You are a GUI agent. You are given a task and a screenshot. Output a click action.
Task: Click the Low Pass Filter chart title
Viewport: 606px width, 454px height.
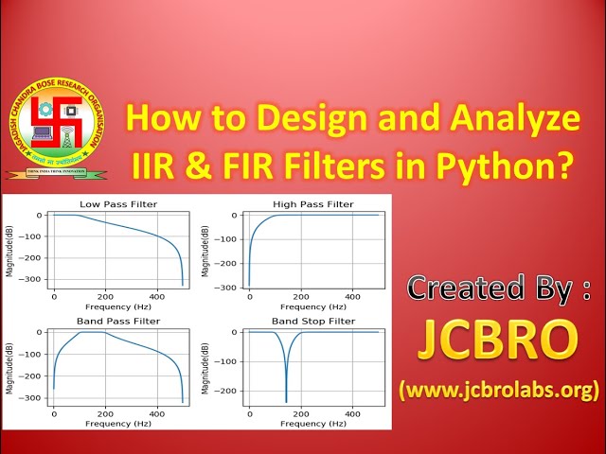pyautogui.click(x=118, y=204)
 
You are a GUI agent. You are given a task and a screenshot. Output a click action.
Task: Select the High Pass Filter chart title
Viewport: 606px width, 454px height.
pyautogui.click(x=312, y=204)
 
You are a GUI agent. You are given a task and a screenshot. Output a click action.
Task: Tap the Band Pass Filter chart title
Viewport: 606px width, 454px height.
pyautogui.click(x=118, y=322)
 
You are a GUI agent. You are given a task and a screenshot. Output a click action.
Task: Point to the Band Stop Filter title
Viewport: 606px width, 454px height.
pyautogui.click(x=312, y=322)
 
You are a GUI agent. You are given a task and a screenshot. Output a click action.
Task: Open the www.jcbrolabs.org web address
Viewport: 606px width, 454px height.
pyautogui.click(x=499, y=388)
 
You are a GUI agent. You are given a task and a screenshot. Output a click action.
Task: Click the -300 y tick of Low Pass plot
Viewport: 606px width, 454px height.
pyautogui.click(x=33, y=279)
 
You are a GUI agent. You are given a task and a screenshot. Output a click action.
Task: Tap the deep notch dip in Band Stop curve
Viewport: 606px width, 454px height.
pyautogui.click(x=286, y=401)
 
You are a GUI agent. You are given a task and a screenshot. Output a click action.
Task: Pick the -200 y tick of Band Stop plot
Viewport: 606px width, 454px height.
pyautogui.click(x=228, y=390)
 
